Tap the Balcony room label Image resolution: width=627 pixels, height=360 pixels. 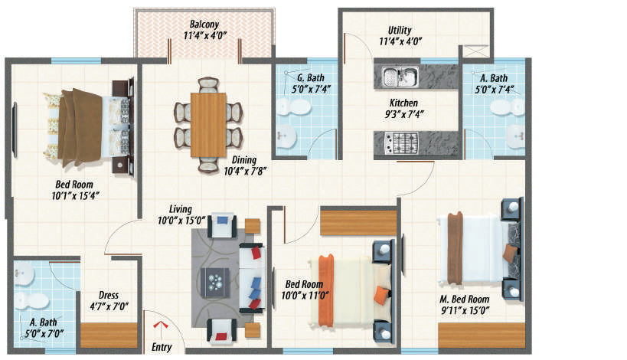coord(204,24)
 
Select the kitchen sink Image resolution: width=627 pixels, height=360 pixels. coord(400,76)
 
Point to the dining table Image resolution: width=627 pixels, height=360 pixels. coord(208,125)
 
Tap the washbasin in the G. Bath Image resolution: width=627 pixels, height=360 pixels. coord(286,136)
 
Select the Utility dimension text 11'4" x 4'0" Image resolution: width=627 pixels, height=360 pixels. coord(400,41)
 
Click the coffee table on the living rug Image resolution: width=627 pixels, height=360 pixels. coord(214,283)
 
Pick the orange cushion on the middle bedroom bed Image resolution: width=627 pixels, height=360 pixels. coord(381,296)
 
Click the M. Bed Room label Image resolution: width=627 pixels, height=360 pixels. coord(465,299)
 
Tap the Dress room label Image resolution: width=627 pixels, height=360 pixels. coord(109,295)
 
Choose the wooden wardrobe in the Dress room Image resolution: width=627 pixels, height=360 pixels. coord(109,335)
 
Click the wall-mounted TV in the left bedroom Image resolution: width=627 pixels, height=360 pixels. coord(15,130)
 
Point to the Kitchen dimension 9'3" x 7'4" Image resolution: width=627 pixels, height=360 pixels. coord(404,114)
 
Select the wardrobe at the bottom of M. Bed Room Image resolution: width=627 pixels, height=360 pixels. coord(482,335)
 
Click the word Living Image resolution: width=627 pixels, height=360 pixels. coord(181,209)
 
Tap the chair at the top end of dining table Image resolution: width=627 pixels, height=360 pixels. coord(208,85)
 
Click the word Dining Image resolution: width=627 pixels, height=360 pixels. coord(244,160)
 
